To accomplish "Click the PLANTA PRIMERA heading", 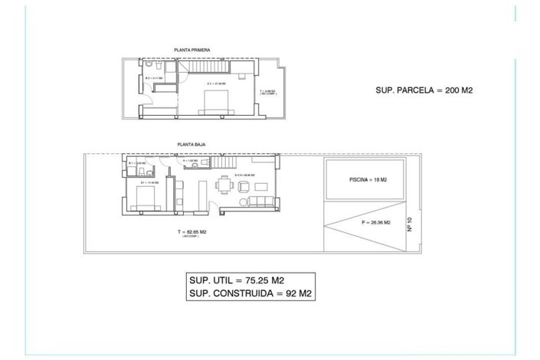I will click(192, 50).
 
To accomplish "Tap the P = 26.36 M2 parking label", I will click(375, 222).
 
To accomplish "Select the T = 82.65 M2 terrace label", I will click(191, 231).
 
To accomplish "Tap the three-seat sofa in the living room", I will click(257, 201).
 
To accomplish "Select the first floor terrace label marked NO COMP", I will click(267, 92).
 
